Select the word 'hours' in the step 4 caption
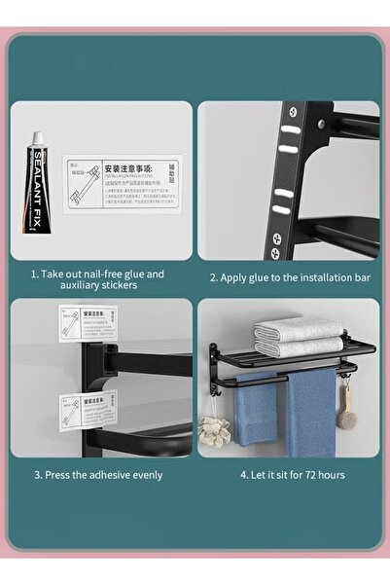[x=330, y=475]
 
